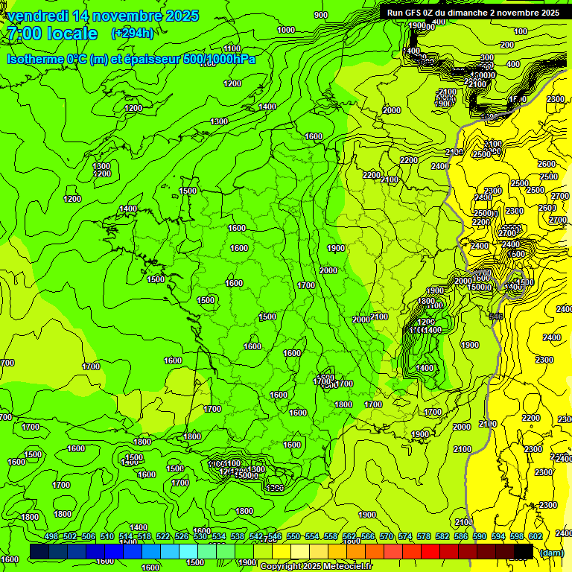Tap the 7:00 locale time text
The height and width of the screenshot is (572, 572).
coord(52,34)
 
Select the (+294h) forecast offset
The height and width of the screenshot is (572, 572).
coord(133,33)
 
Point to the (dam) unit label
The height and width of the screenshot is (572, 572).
coord(551,553)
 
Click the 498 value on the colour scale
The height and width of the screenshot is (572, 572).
coord(51,537)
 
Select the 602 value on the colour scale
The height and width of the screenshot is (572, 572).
coord(535,537)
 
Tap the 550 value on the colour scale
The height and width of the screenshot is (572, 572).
coord(293,537)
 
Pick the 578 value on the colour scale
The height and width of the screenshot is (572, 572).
coord(424,537)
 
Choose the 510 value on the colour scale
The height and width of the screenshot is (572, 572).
coord(107,537)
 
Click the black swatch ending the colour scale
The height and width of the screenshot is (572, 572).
coord(524,551)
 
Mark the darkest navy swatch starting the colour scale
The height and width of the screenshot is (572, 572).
coord(39,551)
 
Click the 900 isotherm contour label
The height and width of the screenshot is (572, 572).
coord(321,15)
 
